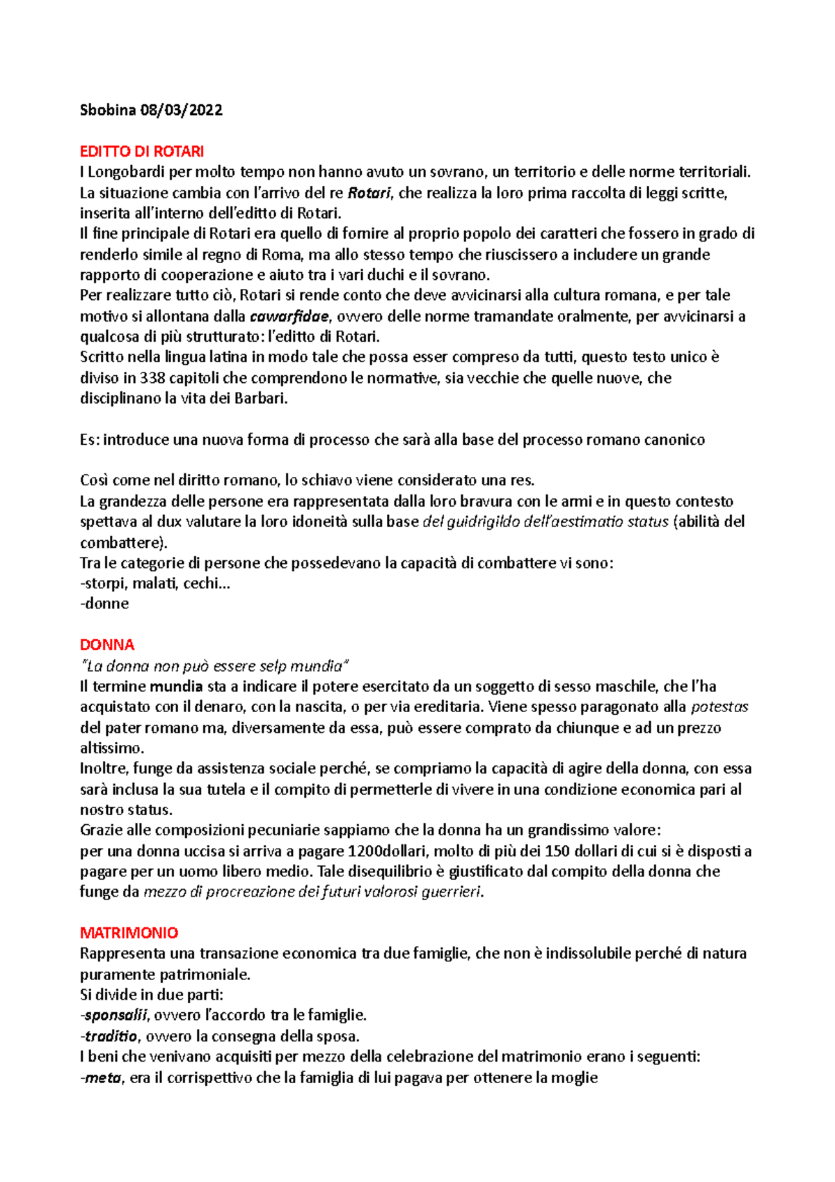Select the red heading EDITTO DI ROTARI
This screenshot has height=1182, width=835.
tap(142, 151)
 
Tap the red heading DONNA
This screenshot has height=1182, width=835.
tap(107, 645)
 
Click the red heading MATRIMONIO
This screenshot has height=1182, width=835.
tap(129, 933)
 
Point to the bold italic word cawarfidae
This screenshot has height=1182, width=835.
tap(289, 317)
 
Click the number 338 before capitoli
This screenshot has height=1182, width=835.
tap(152, 378)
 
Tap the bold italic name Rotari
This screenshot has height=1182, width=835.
tap(369, 193)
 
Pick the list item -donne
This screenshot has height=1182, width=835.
tap(105, 604)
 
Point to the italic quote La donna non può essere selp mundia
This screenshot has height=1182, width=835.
tap(215, 665)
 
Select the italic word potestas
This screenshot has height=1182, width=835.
tap(719, 707)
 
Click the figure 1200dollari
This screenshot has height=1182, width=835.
tap(390, 851)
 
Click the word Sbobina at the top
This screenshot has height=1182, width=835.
tap(108, 110)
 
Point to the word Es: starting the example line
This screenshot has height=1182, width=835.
tap(90, 440)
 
